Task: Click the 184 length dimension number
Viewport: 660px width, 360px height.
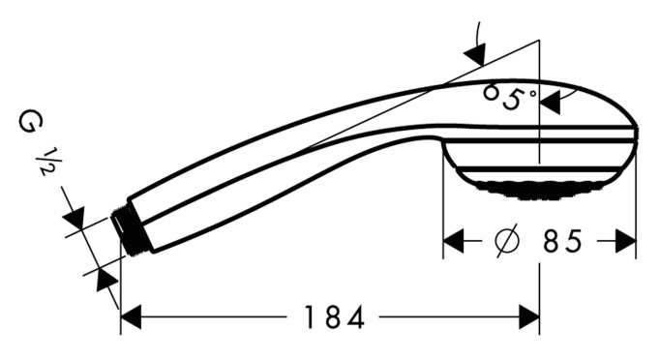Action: [334, 317]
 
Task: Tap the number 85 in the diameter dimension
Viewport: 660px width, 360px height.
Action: [562, 241]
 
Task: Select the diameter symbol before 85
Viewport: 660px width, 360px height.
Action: [507, 241]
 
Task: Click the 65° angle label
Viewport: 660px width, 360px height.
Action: [510, 97]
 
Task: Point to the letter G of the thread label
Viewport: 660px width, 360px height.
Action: [31, 122]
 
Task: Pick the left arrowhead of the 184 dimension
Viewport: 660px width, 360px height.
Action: [131, 317]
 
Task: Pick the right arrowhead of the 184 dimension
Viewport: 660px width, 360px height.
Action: [529, 317]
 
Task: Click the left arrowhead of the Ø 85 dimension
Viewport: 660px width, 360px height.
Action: [454, 241]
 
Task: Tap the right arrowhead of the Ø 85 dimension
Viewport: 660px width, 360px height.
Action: [625, 241]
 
